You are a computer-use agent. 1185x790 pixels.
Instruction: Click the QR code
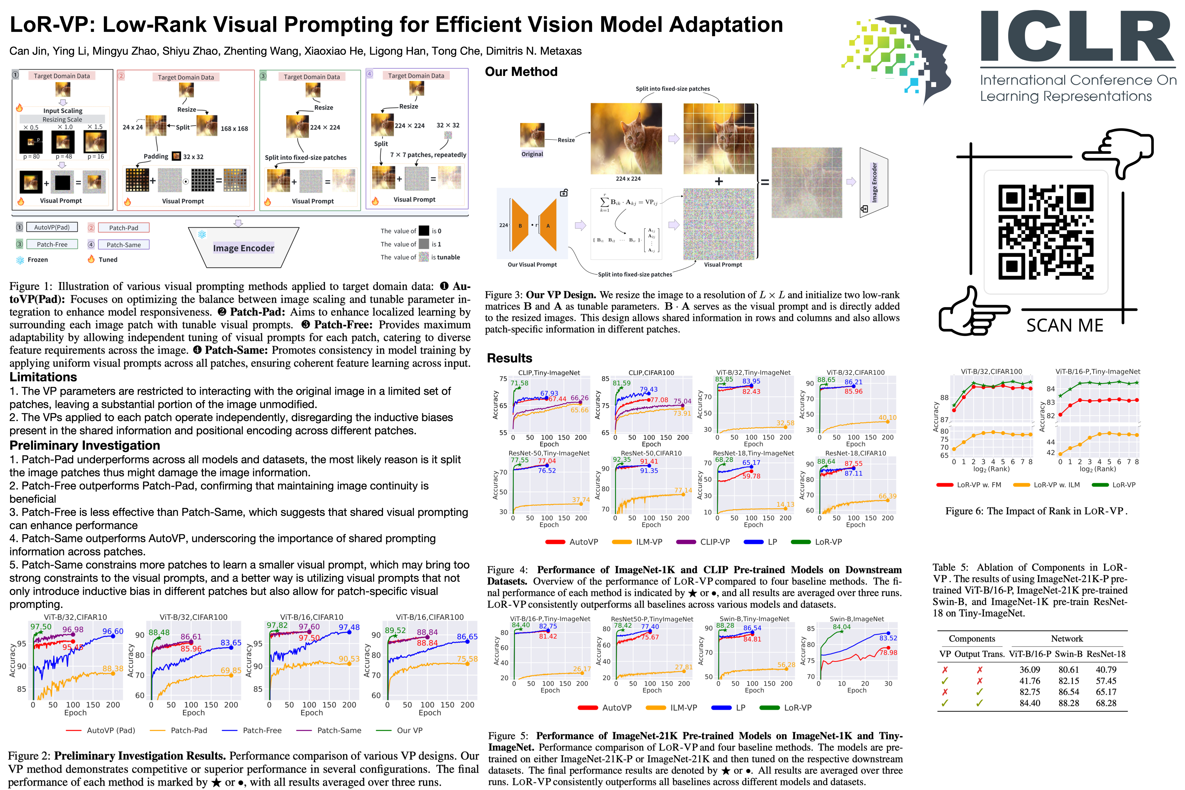1045,232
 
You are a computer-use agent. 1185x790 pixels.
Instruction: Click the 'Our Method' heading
521,72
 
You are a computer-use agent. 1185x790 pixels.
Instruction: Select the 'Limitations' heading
43,377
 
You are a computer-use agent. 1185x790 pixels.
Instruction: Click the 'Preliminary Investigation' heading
85,445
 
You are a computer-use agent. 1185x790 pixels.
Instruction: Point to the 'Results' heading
509,358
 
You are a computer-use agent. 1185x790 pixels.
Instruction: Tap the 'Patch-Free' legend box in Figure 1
52,244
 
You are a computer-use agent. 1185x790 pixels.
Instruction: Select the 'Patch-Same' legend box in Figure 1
123,245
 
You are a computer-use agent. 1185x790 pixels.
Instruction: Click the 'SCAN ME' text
1065,326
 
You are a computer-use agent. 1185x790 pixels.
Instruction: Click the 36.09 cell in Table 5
1029,670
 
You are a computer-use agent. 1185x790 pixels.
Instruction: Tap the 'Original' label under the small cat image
532,154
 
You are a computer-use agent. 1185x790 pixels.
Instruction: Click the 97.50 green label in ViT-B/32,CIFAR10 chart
41,627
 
